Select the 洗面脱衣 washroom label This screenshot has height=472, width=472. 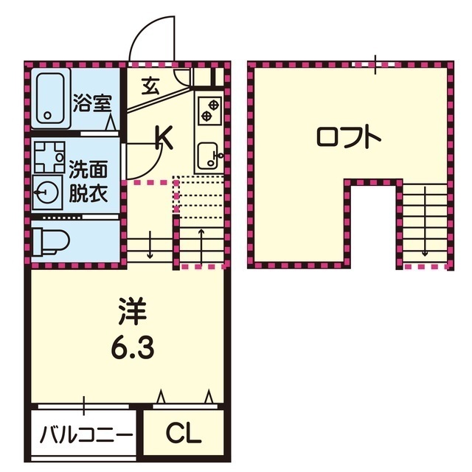coord(88,181)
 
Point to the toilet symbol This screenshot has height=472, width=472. coord(50,240)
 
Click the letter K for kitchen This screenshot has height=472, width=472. coord(163,137)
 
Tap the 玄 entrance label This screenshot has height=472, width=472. coord(150,86)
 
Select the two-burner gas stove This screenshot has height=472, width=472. coord(209,109)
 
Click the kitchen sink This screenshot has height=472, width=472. coord(209,154)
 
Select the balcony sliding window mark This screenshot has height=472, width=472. coord(86,405)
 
